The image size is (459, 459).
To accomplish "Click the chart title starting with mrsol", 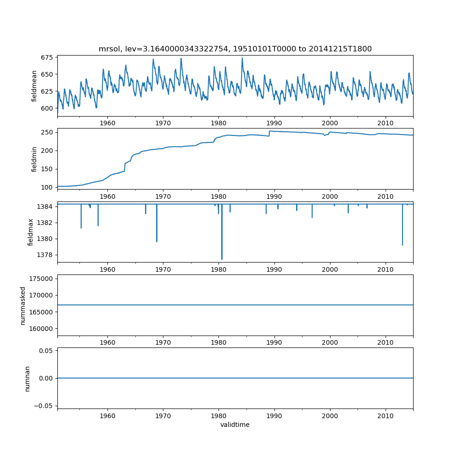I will [x=235, y=49].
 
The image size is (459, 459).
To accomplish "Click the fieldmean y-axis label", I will [x=34, y=86].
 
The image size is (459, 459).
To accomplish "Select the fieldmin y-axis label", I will [x=34, y=159].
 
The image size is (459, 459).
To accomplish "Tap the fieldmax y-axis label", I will [x=31, y=232].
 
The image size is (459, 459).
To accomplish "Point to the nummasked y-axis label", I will [x=22, y=305].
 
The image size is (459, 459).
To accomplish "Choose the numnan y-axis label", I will [x=27, y=378].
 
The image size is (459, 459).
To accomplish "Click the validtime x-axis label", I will [x=235, y=425].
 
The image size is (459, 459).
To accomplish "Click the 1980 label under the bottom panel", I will [x=218, y=415].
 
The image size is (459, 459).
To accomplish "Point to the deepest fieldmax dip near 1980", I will [x=222, y=259].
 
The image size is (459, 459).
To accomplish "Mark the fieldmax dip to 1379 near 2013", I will [x=403, y=245].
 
